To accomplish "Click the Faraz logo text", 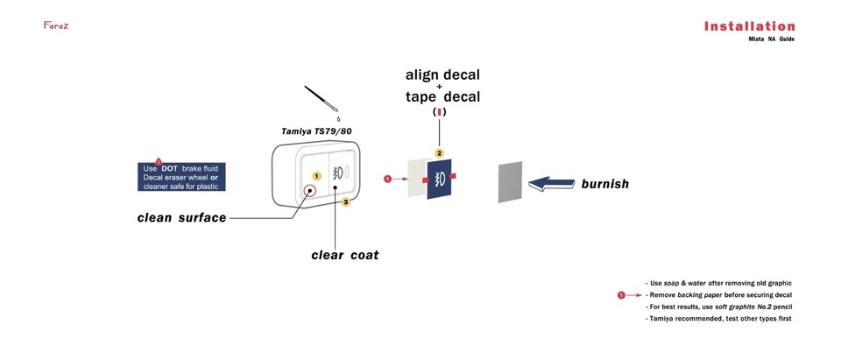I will click(x=56, y=25).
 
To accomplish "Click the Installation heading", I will click(x=749, y=26).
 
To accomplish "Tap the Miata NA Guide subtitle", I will click(x=771, y=39).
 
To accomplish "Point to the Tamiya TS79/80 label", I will click(x=316, y=131).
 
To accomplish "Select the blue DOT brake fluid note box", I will click(x=181, y=177).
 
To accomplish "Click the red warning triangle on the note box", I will click(x=159, y=160).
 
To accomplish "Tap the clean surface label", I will click(x=181, y=217).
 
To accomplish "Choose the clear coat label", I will click(x=345, y=255).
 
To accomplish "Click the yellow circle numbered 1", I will click(x=316, y=176).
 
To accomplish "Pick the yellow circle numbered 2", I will click(x=440, y=153).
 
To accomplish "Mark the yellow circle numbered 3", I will click(x=346, y=202).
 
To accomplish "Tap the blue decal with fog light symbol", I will click(x=439, y=179).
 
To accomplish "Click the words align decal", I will click(x=442, y=75).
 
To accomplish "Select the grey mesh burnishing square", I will click(x=510, y=182).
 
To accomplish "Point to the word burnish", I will click(x=604, y=184).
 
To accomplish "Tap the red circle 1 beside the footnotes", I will click(x=621, y=295).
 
